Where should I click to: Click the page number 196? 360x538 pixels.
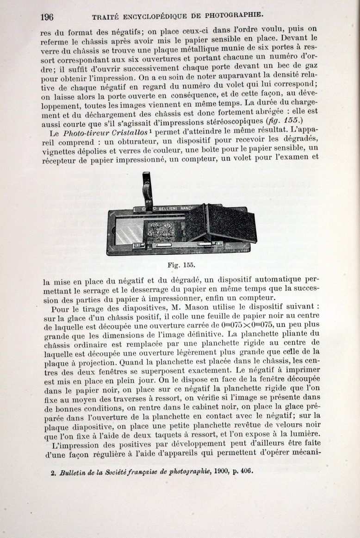pos(47,18)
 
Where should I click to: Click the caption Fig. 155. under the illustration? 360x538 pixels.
pos(181,265)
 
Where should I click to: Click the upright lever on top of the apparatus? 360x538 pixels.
pos(148,190)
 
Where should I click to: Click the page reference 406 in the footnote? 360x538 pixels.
pos(247,472)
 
